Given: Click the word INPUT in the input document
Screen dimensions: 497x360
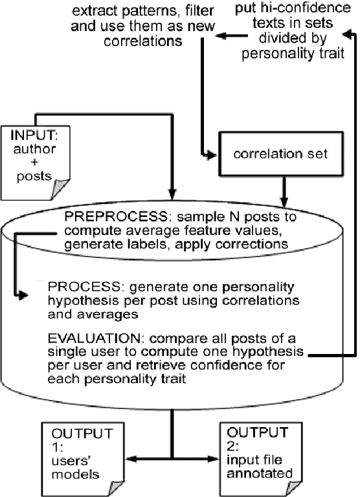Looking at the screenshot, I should (x=30, y=137).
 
